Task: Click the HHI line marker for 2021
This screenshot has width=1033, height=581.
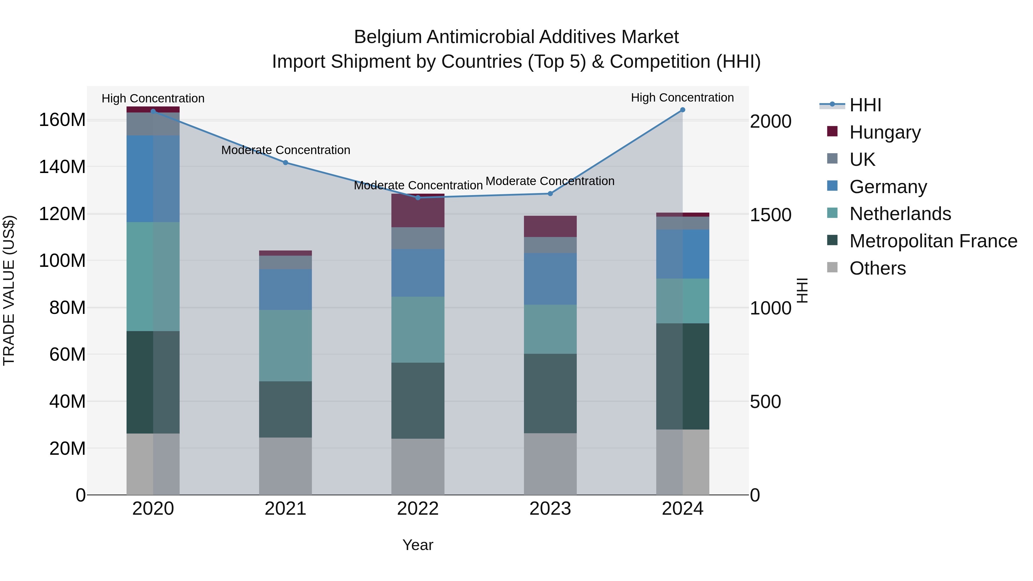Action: click(x=286, y=162)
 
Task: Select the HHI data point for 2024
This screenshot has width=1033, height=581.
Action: click(x=683, y=110)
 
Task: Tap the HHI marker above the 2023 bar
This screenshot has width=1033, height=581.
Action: click(x=550, y=194)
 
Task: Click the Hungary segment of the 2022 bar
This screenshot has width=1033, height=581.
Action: click(x=418, y=211)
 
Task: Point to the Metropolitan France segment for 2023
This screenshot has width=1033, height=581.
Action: click(x=550, y=393)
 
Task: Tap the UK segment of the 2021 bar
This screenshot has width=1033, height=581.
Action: click(x=286, y=262)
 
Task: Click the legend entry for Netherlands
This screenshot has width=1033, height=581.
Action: click(x=900, y=214)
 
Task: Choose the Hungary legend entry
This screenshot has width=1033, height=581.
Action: click(x=885, y=132)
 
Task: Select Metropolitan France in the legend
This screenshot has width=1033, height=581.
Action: click(x=933, y=241)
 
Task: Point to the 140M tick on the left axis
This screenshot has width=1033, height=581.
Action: click(x=62, y=167)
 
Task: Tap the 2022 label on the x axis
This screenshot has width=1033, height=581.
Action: click(x=418, y=509)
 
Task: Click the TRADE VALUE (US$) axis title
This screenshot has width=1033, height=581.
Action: click(x=9, y=290)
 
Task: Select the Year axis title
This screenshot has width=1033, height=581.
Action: click(x=418, y=545)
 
